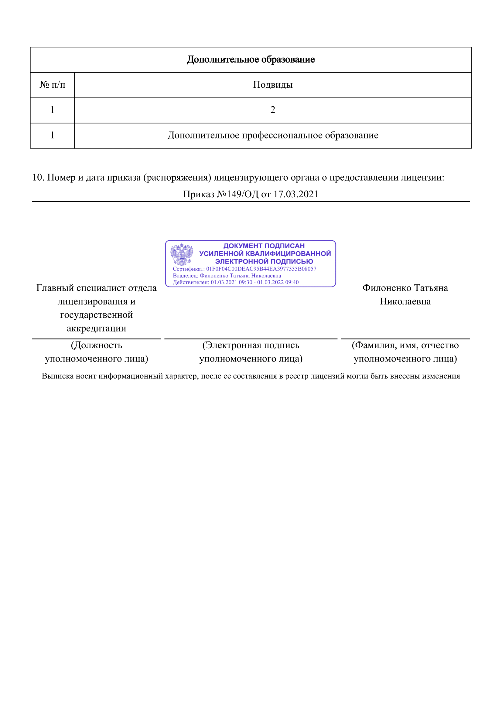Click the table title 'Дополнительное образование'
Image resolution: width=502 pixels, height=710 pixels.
tap(251, 59)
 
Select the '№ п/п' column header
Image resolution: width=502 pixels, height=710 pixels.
tap(52, 85)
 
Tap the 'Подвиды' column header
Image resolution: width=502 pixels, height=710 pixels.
tap(272, 85)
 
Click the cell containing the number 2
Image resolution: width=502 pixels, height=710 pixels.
tap(272, 110)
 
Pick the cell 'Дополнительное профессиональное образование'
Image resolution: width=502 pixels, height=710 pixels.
tap(272, 135)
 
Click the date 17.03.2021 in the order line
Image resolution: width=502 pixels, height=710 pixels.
tap(296, 194)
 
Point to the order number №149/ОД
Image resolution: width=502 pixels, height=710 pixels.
tap(237, 194)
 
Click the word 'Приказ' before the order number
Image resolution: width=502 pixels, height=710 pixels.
tap(199, 194)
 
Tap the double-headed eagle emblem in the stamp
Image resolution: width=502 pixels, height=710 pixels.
tap(182, 254)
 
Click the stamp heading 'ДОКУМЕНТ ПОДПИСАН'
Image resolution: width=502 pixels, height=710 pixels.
tap(264, 246)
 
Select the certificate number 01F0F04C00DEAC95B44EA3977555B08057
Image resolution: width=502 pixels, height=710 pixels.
tap(261, 269)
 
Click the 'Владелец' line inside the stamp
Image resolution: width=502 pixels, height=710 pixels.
tap(227, 276)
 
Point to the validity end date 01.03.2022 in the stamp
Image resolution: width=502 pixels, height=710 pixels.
tap(270, 282)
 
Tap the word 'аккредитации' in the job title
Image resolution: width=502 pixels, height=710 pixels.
tap(96, 328)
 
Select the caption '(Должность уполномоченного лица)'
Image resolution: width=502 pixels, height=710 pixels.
tap(96, 352)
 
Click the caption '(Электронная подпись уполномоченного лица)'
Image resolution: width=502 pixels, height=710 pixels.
tap(251, 352)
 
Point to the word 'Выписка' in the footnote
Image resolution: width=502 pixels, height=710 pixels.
tap(57, 376)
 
